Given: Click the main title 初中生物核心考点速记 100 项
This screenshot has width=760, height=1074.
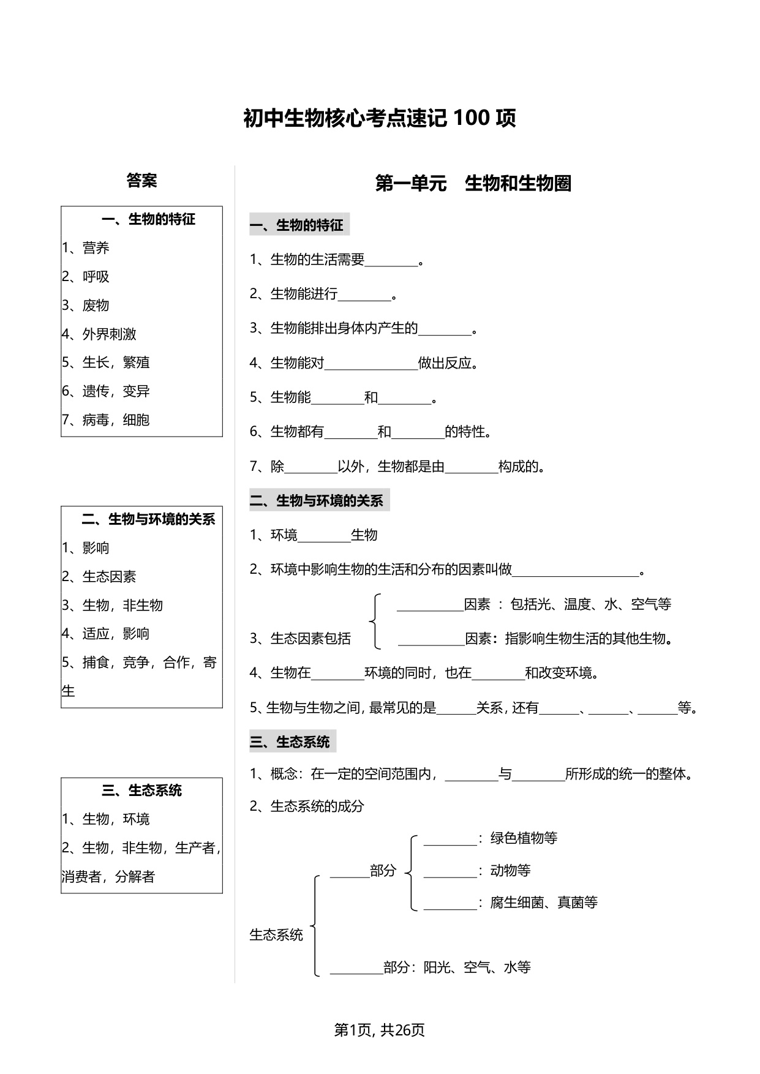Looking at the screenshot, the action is (x=380, y=118).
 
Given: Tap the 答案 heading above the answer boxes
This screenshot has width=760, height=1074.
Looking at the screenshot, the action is (x=141, y=181).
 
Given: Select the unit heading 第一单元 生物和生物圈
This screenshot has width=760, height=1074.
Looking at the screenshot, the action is (x=473, y=183).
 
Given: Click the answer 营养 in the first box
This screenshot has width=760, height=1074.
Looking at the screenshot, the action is (x=96, y=248).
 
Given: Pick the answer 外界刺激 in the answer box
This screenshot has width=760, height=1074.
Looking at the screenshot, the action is (x=110, y=334).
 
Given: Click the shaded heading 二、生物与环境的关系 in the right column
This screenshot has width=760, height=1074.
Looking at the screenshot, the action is (x=319, y=501).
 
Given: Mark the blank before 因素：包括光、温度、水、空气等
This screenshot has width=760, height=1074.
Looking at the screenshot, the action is (x=431, y=610).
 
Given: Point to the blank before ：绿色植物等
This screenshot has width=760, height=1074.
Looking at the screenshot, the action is (x=450, y=844).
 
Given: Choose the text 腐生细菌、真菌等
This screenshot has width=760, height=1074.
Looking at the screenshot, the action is (x=544, y=903).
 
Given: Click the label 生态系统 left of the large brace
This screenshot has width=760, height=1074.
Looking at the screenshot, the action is (x=276, y=935).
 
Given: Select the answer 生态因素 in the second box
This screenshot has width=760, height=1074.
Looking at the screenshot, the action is (x=110, y=577).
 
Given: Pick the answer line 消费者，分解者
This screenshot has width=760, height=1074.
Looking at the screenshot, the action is (x=108, y=877).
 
